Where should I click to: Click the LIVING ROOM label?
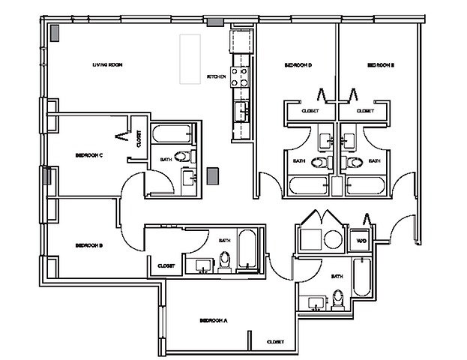107,65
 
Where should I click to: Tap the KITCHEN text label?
216,76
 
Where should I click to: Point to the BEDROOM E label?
380,65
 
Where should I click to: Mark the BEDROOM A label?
214,320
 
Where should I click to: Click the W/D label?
361,241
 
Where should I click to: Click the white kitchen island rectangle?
189,58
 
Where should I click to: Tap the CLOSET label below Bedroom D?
310,110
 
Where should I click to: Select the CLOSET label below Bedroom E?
365,110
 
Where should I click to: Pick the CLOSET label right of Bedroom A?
274,342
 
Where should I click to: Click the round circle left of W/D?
332,239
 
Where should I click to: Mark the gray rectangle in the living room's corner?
55,34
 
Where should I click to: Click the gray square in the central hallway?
212,175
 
